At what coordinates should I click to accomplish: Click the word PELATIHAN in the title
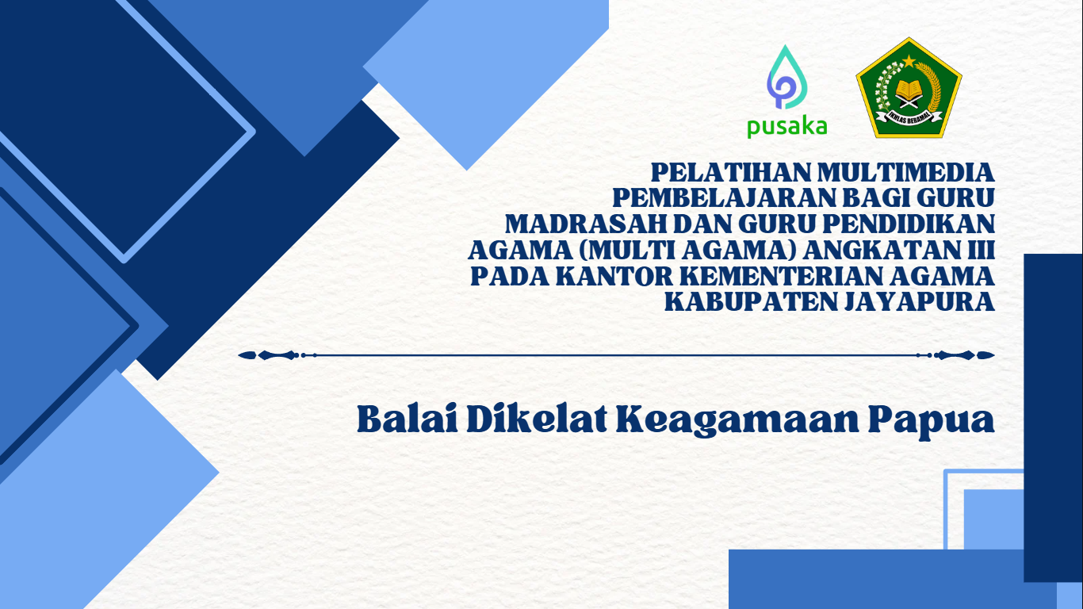pyautogui.click(x=730, y=173)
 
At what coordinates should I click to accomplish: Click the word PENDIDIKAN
pyautogui.click(x=909, y=224)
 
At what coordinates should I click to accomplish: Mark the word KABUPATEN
pyautogui.click(x=751, y=302)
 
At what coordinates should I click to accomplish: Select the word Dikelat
pyautogui.click(x=537, y=419)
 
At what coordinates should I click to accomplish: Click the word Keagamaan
pyautogui.click(x=737, y=422)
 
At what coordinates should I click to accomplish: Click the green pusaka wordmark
pyautogui.click(x=787, y=128)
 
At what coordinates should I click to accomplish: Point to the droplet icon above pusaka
pyautogui.click(x=787, y=78)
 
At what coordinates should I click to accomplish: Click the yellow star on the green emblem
pyautogui.click(x=909, y=61)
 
